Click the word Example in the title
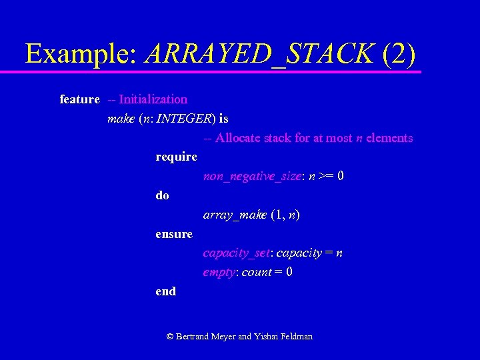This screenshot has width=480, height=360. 80,53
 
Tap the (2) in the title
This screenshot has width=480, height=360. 399,53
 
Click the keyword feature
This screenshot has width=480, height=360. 79,99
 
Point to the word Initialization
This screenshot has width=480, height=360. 153,99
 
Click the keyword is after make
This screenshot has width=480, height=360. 223,119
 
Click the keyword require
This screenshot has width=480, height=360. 176,157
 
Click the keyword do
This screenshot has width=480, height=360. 162,196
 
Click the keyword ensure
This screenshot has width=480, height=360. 174,234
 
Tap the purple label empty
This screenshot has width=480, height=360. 219,273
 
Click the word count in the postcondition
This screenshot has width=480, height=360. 257,273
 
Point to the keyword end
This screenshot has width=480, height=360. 165,291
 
